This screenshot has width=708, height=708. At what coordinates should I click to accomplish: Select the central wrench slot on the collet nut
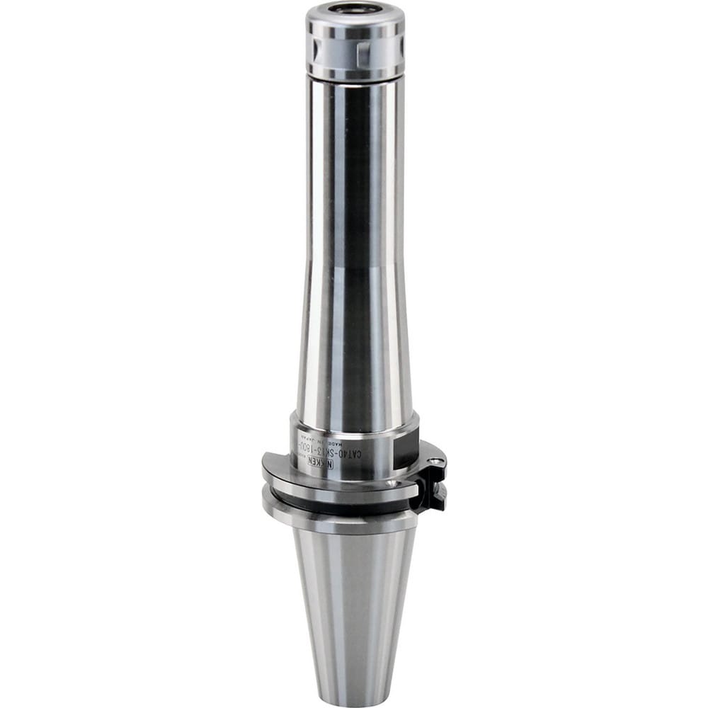(x=362, y=50)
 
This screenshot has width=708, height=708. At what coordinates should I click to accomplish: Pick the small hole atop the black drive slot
(x=438, y=462)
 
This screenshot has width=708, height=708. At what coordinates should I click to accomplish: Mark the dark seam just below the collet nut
(x=354, y=79)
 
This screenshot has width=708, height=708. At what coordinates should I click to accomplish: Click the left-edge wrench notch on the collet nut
(x=312, y=49)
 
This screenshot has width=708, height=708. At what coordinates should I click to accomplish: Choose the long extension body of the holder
(x=354, y=248)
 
